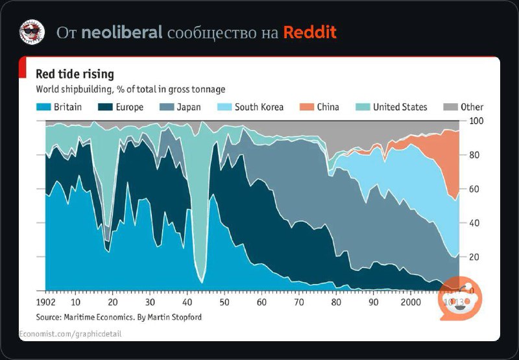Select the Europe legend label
[x=130, y=107]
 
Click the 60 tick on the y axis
[x=475, y=189]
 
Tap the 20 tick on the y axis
[x=475, y=257]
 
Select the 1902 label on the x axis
[x=47, y=302]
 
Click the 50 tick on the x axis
[x=224, y=302]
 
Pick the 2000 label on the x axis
[x=410, y=302]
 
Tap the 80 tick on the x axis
[x=336, y=302]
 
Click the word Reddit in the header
[x=309, y=32]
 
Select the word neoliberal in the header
[x=121, y=32]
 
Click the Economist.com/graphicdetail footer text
[x=70, y=333]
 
